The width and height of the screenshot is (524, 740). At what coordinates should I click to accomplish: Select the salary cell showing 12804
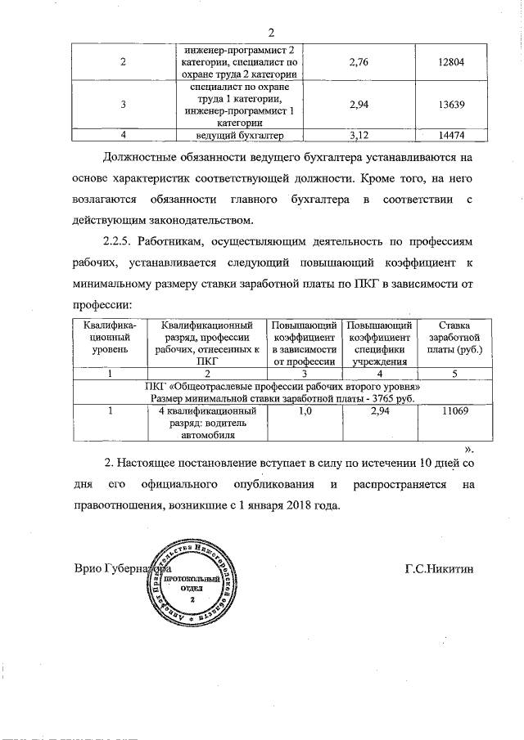click(x=440, y=61)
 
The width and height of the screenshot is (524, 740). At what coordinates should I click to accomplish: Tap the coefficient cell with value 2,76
click(x=355, y=61)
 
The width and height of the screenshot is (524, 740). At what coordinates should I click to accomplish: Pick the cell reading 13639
click(x=440, y=105)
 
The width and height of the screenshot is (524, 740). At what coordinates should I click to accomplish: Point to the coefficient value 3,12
click(x=355, y=134)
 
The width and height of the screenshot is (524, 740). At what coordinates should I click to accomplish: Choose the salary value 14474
click(x=440, y=134)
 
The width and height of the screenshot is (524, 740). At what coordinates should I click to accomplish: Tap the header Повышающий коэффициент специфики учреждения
click(x=379, y=343)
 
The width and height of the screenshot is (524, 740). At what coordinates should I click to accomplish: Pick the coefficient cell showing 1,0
click(x=305, y=410)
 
